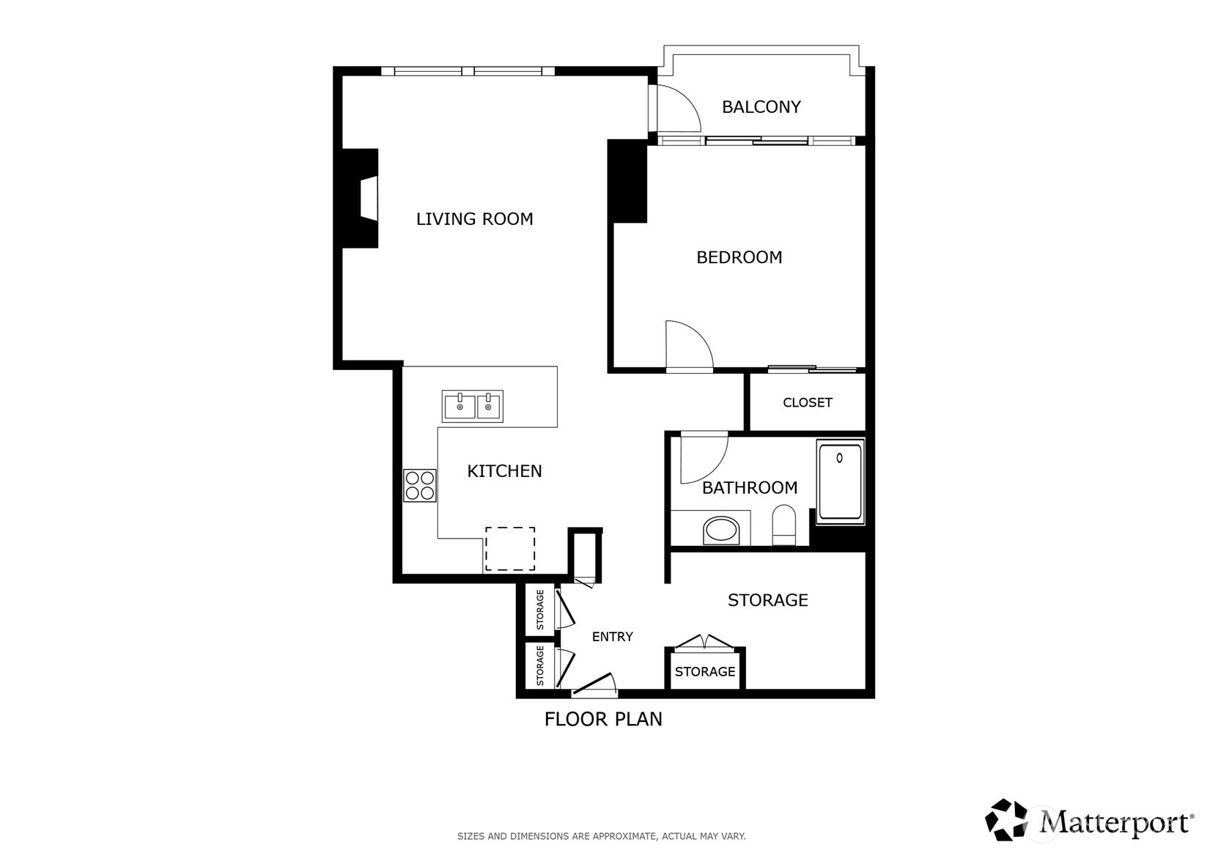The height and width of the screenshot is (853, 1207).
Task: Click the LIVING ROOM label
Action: [x=474, y=219]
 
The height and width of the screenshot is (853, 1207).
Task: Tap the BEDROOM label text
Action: [x=739, y=257]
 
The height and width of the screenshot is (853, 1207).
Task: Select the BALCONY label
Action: [x=761, y=107]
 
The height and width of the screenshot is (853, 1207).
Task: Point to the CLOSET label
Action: [x=807, y=402]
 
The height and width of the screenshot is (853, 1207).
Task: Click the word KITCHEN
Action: [x=504, y=471]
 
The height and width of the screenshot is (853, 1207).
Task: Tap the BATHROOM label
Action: [x=750, y=488]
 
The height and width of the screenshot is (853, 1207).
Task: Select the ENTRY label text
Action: [x=612, y=637]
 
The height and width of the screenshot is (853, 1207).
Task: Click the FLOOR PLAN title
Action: [x=603, y=720]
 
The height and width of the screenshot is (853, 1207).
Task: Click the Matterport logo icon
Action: [x=1005, y=819]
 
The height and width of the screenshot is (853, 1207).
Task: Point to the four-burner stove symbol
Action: [x=420, y=486]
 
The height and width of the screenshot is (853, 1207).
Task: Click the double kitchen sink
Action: [x=473, y=406]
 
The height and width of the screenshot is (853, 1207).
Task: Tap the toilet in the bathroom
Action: [x=783, y=525]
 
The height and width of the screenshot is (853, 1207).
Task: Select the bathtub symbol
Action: [x=841, y=481]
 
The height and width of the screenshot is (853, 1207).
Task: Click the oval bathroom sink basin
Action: [x=721, y=531]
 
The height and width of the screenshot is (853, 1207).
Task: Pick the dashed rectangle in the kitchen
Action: [x=510, y=549]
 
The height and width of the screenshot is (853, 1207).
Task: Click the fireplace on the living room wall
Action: [x=360, y=199]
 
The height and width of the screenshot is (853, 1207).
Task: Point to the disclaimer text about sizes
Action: [x=602, y=836]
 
